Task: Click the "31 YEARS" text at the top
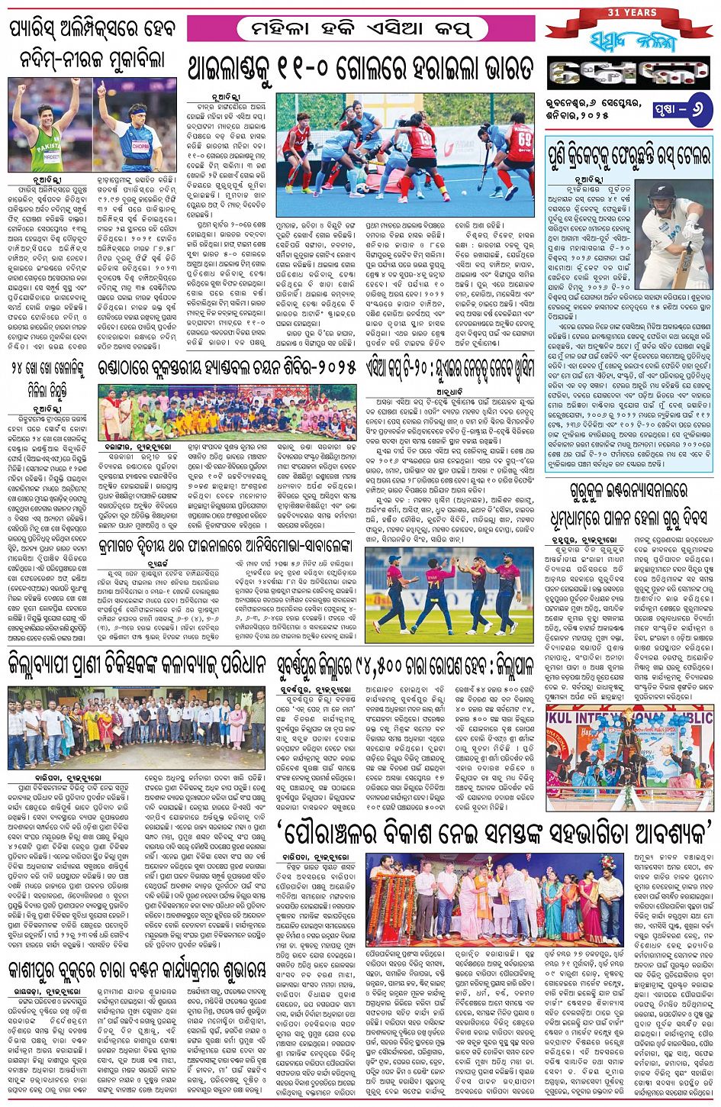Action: (632, 12)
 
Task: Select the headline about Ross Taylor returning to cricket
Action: (629, 158)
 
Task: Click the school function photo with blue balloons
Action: (629, 757)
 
